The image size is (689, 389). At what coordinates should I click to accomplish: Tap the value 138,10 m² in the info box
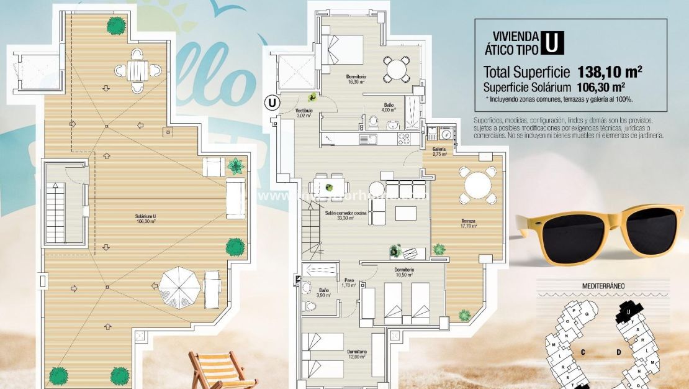click(609, 71)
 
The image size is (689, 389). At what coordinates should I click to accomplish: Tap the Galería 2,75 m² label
click(440, 152)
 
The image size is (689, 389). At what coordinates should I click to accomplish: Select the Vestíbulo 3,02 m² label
click(304, 113)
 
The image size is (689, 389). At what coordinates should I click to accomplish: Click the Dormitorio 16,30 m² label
click(356, 79)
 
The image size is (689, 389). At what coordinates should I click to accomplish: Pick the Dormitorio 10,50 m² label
click(404, 272)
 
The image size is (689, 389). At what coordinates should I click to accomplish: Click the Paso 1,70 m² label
click(349, 283)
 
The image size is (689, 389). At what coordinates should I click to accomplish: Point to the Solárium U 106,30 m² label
click(146, 219)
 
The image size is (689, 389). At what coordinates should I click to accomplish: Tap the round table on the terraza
click(478, 185)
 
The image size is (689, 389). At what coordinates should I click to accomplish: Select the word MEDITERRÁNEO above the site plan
click(603, 286)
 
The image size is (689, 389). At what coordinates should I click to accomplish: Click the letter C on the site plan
click(583, 352)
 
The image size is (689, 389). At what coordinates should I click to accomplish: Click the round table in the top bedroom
click(396, 67)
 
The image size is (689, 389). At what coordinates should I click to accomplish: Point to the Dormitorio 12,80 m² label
click(358, 354)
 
